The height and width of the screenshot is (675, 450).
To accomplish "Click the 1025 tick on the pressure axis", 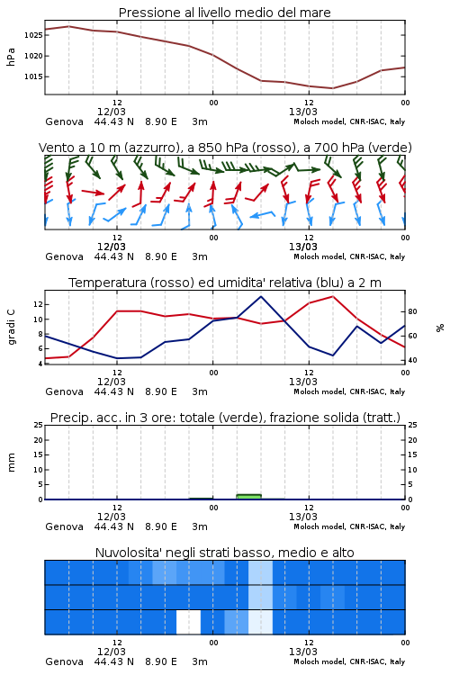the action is point(33,35).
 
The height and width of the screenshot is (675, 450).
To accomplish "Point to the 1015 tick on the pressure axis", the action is point(33,76).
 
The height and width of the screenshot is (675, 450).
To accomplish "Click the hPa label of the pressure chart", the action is point(11,57).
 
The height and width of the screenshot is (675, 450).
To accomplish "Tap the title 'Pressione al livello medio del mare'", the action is point(225,13).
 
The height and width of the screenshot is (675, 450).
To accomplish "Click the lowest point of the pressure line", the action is point(332,88).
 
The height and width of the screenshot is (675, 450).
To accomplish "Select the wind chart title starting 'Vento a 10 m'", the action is point(225,148).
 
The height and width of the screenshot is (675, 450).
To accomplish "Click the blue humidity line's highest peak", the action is point(260,297).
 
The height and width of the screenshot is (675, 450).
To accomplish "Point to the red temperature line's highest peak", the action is point(332,297).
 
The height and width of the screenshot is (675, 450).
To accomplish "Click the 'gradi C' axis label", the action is point(11,327).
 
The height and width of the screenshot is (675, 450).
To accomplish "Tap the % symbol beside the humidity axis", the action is point(440,328).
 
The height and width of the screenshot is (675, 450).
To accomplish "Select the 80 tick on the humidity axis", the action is point(412,311).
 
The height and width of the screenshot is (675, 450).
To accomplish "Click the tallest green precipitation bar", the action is point(249,497).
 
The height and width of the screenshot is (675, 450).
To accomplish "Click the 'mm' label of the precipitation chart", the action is point(11,463).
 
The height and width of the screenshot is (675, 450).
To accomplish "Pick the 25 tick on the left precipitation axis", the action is point(39,425).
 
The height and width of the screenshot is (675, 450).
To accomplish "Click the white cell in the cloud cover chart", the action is point(189,622).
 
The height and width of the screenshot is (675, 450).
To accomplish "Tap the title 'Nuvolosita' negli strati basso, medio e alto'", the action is point(225,553).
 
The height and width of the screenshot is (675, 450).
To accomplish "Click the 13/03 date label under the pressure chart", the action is point(303,112).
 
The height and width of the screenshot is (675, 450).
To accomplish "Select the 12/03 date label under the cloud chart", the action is point(112,652).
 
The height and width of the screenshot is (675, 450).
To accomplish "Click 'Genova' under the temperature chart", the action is point(64,391).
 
